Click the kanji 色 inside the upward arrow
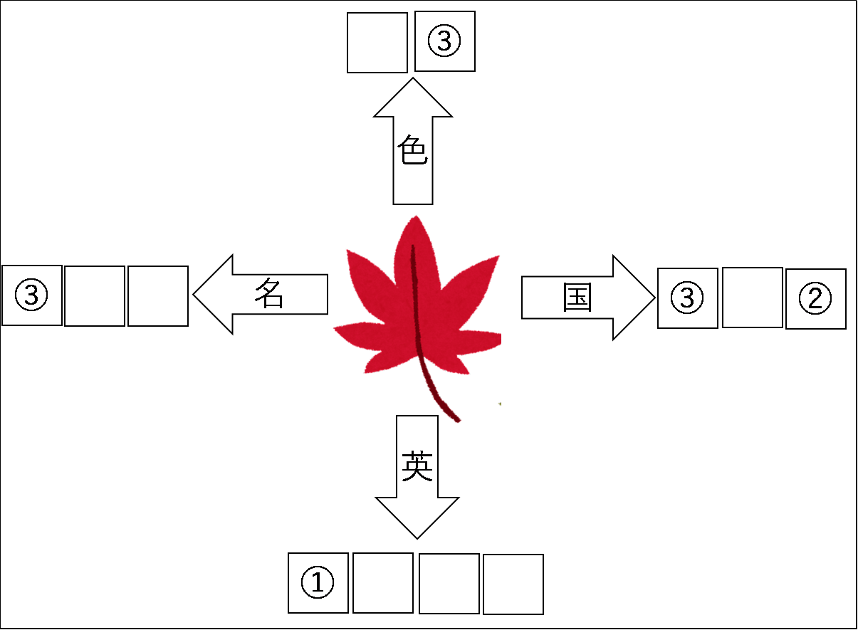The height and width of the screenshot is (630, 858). tap(413, 152)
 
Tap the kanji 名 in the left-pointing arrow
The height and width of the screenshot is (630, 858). tap(269, 293)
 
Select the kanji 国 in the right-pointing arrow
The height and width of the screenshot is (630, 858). tap(577, 298)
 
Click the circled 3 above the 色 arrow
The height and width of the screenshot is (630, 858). tap(444, 41)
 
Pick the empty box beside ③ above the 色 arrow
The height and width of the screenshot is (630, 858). tap(377, 42)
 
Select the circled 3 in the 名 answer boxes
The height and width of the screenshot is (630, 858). tap(32, 295)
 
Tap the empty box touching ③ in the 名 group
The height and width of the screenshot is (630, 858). tap(95, 296)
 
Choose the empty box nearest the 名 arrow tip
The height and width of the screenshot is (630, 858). tap(158, 296)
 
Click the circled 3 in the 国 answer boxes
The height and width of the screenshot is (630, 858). tap(687, 298)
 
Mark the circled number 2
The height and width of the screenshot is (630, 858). tap(815, 299)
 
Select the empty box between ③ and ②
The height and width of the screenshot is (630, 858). tap(752, 298)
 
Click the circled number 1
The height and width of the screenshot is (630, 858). tap(318, 583)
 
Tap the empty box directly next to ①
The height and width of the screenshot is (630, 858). tap(383, 583)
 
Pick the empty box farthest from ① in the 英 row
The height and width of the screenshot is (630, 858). tap(513, 584)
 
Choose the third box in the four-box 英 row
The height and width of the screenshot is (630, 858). tap(449, 584)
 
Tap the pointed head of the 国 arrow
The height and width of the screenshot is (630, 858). tap(637, 298)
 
